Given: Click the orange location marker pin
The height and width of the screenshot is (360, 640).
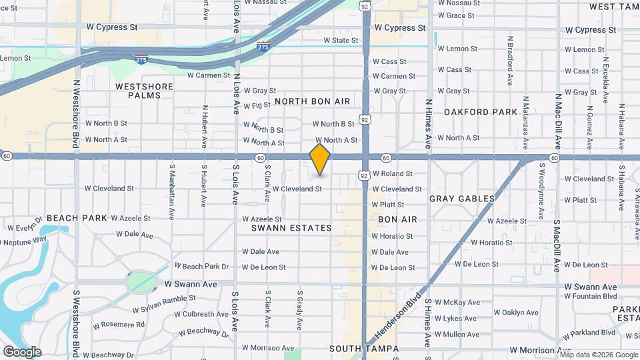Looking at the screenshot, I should [320, 159].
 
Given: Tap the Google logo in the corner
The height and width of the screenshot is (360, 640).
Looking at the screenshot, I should [22, 351].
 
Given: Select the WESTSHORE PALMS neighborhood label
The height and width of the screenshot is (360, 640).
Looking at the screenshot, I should [144, 91].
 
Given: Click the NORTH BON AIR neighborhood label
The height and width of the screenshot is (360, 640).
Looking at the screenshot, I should [312, 101].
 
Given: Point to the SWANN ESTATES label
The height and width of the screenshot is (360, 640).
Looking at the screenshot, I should [291, 228].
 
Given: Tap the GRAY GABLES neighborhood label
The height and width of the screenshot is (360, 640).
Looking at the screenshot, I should [462, 199].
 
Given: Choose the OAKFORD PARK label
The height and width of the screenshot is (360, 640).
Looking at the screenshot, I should [481, 112].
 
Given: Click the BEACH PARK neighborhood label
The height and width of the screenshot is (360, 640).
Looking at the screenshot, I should [77, 218].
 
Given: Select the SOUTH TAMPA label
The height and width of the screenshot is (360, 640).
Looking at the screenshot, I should [363, 349].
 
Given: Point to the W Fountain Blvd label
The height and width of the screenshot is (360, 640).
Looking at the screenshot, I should [591, 295].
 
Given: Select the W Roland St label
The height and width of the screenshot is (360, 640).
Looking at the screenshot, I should [392, 173].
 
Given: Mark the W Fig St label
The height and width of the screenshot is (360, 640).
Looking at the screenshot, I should [257, 106].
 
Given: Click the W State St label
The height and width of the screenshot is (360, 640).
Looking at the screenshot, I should [341, 40].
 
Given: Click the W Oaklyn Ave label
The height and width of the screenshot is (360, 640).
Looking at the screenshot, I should [520, 312].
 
